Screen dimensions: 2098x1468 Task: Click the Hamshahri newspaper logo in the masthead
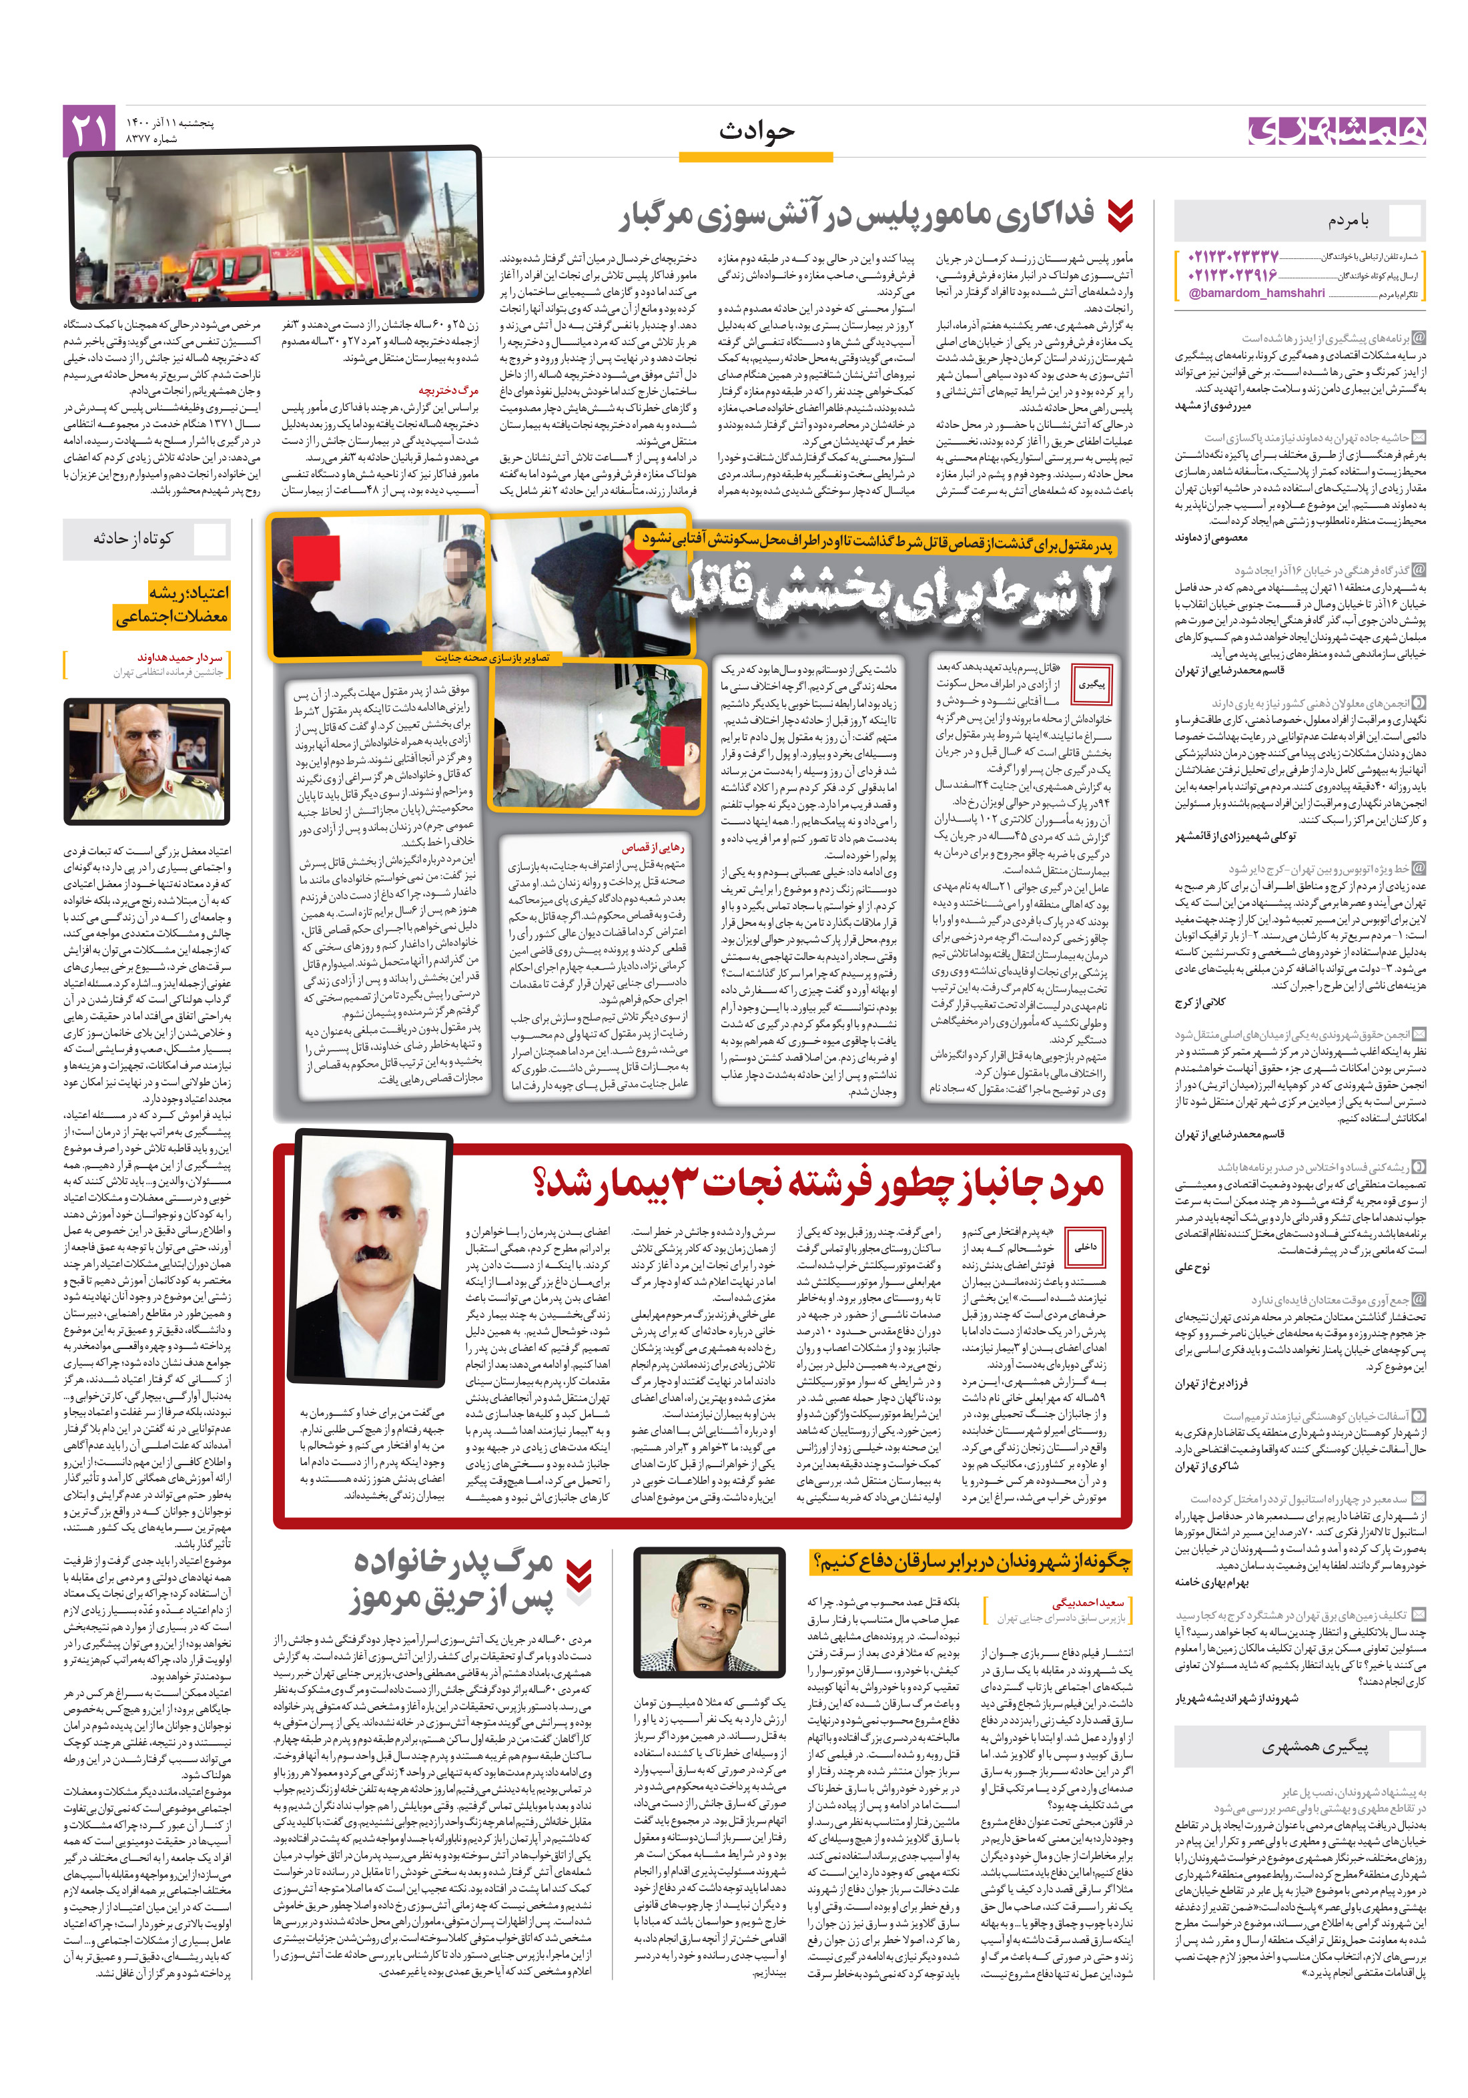1335,131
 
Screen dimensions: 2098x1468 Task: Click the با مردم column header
1347,220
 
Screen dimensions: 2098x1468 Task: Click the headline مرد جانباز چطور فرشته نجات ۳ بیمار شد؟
819,1182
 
